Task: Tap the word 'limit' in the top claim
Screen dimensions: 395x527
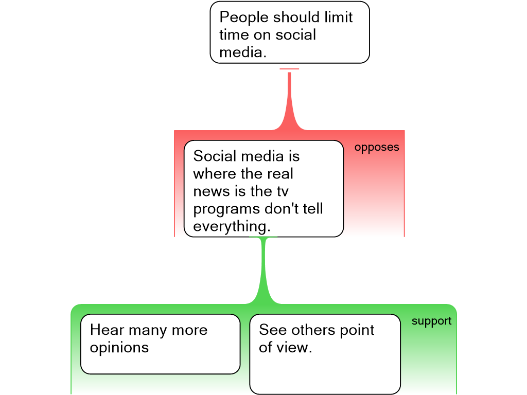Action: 338,17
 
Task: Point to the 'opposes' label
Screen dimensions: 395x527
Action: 377,147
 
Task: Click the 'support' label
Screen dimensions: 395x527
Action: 431,321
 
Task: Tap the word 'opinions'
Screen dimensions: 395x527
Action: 119,348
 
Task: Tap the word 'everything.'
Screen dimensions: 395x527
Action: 232,227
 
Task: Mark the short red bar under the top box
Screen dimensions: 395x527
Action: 289,69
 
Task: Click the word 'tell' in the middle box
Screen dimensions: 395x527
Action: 312,209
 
